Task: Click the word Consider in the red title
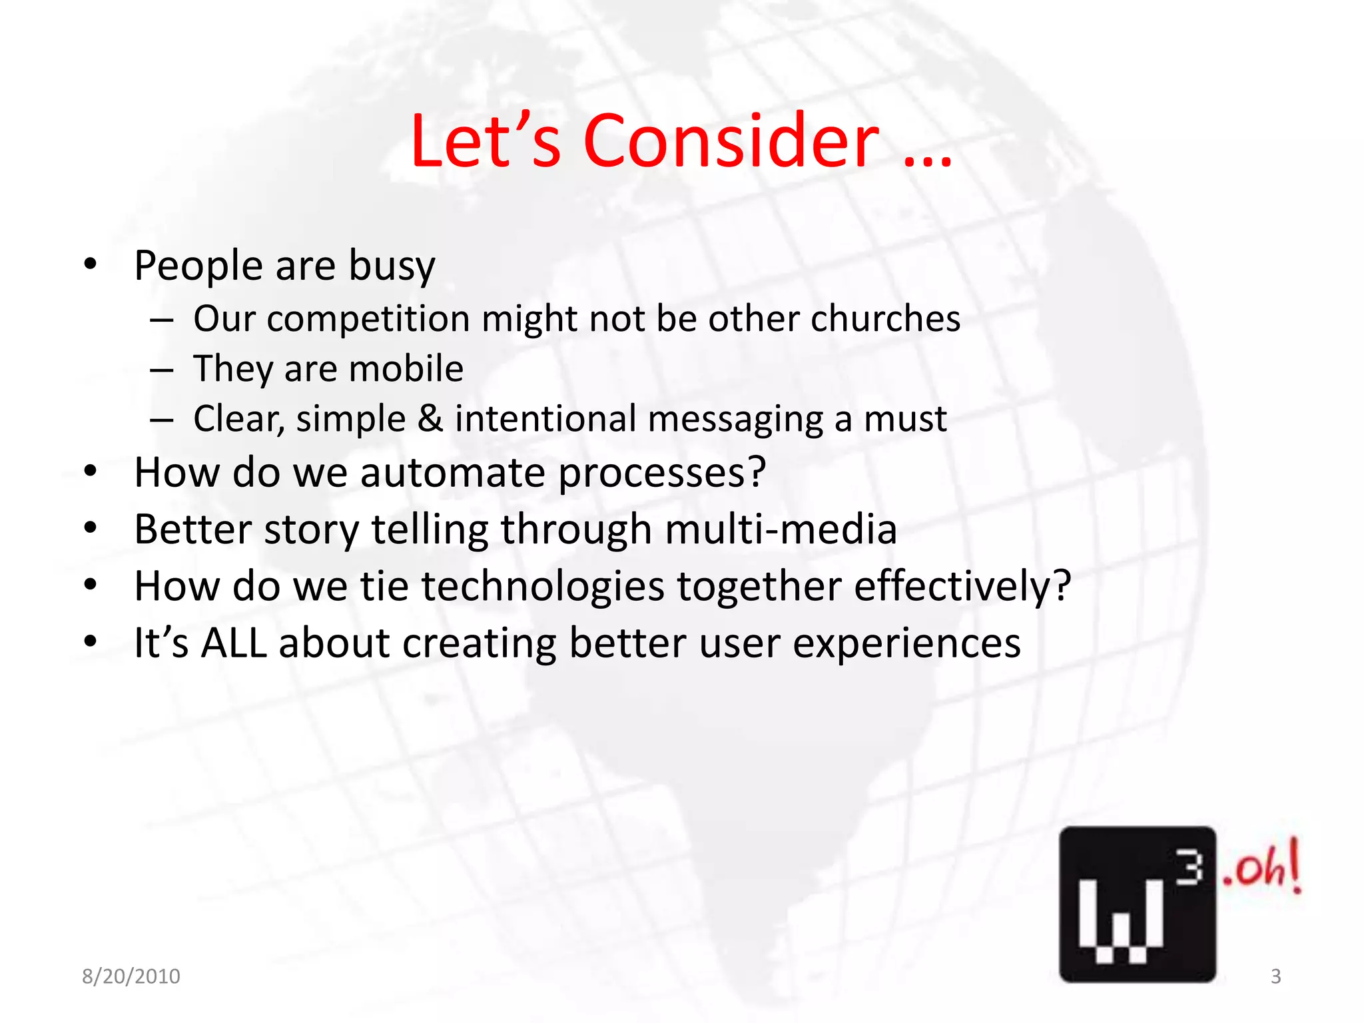[x=731, y=141]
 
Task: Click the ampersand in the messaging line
[x=430, y=419]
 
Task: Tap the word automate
[x=453, y=473]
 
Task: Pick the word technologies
[x=542, y=587]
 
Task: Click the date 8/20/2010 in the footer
[x=131, y=976]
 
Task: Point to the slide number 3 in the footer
[x=1275, y=976]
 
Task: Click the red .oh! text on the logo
[x=1261, y=867]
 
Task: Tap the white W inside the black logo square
[x=1120, y=919]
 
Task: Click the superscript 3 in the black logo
[x=1188, y=868]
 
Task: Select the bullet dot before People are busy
[x=91, y=264]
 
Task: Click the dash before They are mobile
[x=161, y=370]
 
